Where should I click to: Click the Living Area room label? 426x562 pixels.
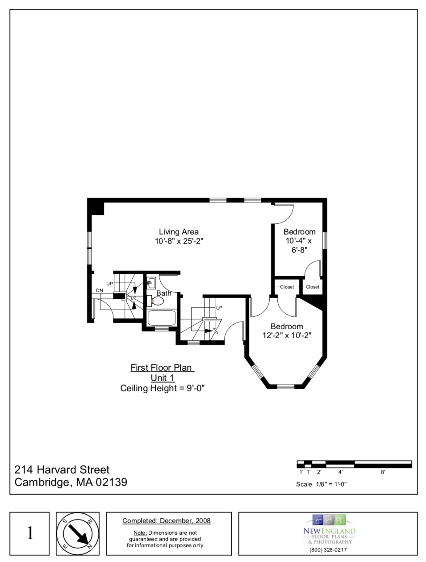[179, 232]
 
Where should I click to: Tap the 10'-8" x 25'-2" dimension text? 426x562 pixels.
[179, 241]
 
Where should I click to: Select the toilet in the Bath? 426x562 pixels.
[156, 301]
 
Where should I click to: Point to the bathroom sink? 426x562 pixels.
[151, 282]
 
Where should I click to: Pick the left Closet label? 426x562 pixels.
[287, 287]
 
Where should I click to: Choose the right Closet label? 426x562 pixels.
[313, 287]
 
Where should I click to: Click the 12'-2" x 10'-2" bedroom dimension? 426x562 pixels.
[287, 336]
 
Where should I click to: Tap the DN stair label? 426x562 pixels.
[100, 290]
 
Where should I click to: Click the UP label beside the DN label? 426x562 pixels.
[109, 284]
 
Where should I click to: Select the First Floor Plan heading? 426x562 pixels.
[162, 368]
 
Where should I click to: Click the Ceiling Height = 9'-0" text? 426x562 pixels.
[162, 388]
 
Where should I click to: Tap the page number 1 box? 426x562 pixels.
[30, 533]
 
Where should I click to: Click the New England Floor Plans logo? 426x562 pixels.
[329, 529]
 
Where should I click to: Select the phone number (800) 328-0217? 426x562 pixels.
[328, 550]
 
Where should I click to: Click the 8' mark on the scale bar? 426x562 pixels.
[383, 472]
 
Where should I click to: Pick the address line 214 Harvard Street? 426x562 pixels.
[62, 470]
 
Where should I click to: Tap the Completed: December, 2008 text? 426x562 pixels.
[167, 521]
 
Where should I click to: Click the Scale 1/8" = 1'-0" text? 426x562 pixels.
[321, 484]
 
